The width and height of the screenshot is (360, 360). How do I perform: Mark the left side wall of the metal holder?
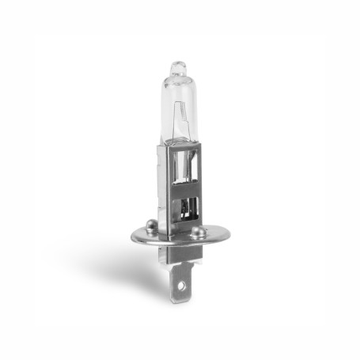[165, 190]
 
